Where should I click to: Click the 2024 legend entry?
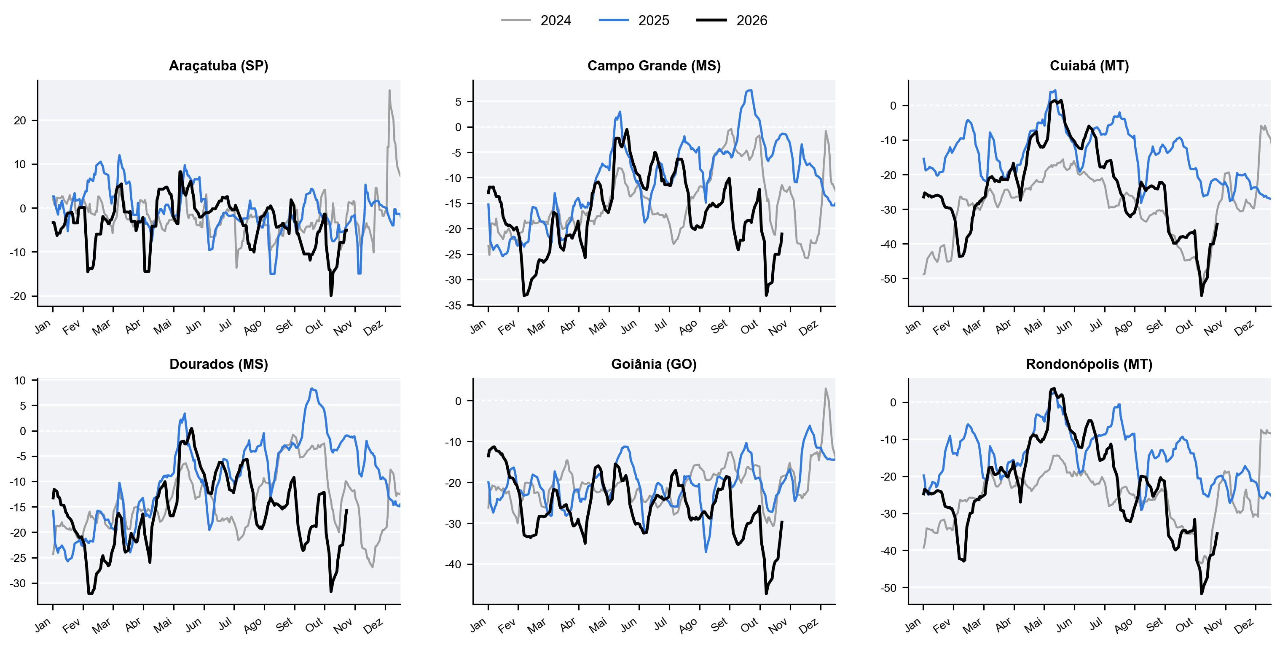point(536,20)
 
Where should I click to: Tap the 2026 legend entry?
point(732,20)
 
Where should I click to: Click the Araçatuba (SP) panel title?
point(219,66)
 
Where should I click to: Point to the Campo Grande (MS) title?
point(654,66)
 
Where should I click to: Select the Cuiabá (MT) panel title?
point(1089,66)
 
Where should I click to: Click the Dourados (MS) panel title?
point(219,364)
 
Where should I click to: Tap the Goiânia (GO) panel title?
point(654,364)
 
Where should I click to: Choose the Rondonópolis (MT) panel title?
point(1089,364)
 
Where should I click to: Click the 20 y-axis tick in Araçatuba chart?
point(20,121)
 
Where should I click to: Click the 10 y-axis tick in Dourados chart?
point(20,381)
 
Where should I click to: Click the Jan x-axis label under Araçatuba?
point(43,326)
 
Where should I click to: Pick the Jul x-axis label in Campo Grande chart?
point(660,325)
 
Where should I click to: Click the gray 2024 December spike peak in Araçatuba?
point(389,91)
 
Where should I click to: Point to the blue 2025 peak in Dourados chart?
point(311,389)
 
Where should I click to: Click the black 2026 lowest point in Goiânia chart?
point(766,593)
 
